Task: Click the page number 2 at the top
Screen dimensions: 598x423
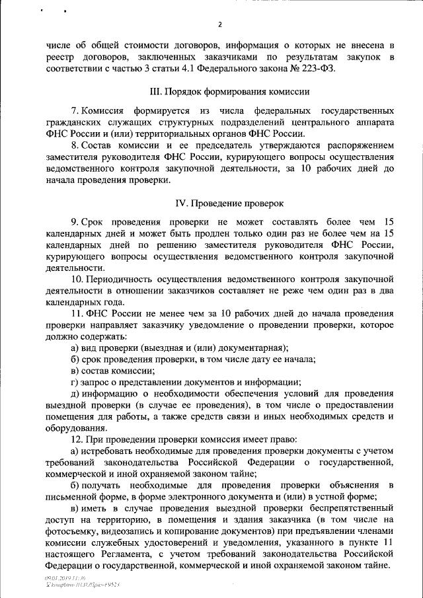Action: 221,24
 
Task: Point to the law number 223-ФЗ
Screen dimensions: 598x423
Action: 310,69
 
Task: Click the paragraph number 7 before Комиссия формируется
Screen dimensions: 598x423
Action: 73,109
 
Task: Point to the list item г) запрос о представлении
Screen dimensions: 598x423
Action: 186,383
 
